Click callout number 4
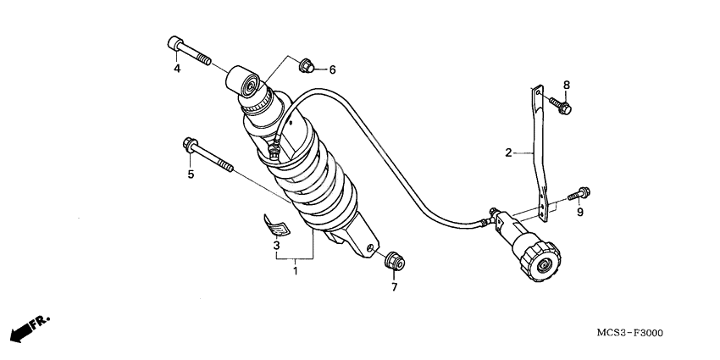(177, 69)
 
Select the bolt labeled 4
(189, 50)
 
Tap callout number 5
(191, 174)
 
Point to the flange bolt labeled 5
(208, 155)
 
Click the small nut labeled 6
(307, 66)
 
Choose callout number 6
(332, 69)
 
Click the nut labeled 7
(395, 261)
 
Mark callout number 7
(395, 287)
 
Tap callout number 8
(567, 85)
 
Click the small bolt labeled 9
(579, 193)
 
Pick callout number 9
(580, 212)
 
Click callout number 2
(508, 152)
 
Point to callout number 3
(276, 246)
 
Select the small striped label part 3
(276, 225)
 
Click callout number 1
(296, 271)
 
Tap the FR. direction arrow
(30, 329)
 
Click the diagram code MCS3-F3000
(629, 333)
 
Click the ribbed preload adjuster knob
(540, 258)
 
